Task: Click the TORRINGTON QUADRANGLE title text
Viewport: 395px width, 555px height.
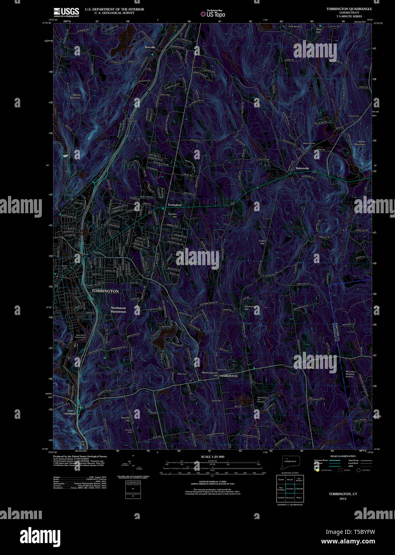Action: point(349,9)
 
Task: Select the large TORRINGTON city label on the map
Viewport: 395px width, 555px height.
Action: point(105,291)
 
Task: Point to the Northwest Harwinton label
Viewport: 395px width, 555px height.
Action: point(118,309)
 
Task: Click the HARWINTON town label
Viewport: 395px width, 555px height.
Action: point(229,376)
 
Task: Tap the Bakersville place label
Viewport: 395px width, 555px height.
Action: point(302,168)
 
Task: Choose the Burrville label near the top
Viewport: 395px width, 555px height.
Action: point(150,47)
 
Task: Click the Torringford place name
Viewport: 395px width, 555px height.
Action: point(174,205)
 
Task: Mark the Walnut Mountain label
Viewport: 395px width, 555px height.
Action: point(75,96)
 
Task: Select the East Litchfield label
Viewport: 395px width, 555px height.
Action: point(70,412)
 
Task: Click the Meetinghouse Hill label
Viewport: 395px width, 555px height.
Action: point(210,374)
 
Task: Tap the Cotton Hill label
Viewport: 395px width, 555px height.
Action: point(262,242)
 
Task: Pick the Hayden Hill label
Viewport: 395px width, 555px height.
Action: point(172,215)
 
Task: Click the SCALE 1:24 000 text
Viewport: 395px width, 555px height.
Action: point(212,456)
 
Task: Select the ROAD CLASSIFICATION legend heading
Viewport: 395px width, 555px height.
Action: point(343,456)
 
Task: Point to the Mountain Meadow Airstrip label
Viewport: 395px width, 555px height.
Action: point(350,374)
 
